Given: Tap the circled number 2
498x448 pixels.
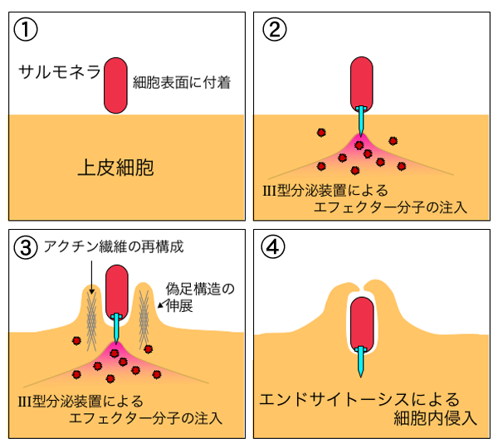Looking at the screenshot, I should pos(275,30).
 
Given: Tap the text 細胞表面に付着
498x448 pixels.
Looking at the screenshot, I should pos(181,81).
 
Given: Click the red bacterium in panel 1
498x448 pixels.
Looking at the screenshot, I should pos(115,85).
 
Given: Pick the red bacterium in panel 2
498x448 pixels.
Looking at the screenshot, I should pos(362,82).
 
